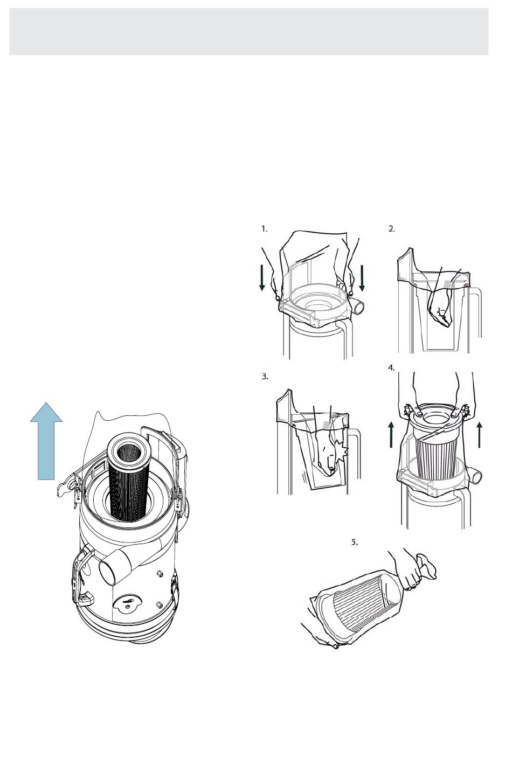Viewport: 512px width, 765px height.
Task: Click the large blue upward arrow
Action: point(46,441)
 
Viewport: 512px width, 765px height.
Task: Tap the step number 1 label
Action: point(265,229)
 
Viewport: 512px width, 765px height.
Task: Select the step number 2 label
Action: point(391,229)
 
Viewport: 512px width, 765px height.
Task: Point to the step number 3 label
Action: point(265,377)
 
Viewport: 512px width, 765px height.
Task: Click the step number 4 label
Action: point(391,368)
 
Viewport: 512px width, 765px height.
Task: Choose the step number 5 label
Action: point(355,542)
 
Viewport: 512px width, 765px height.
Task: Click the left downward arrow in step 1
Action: point(262,279)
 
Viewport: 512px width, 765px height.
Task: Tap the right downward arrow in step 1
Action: point(362,279)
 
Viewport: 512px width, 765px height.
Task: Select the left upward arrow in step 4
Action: point(391,434)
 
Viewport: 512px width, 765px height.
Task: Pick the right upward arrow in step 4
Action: point(480,434)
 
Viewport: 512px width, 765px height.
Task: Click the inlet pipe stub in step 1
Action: point(358,307)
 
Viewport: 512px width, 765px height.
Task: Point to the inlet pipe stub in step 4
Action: point(475,475)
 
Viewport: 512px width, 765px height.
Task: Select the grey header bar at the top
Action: point(248,32)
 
